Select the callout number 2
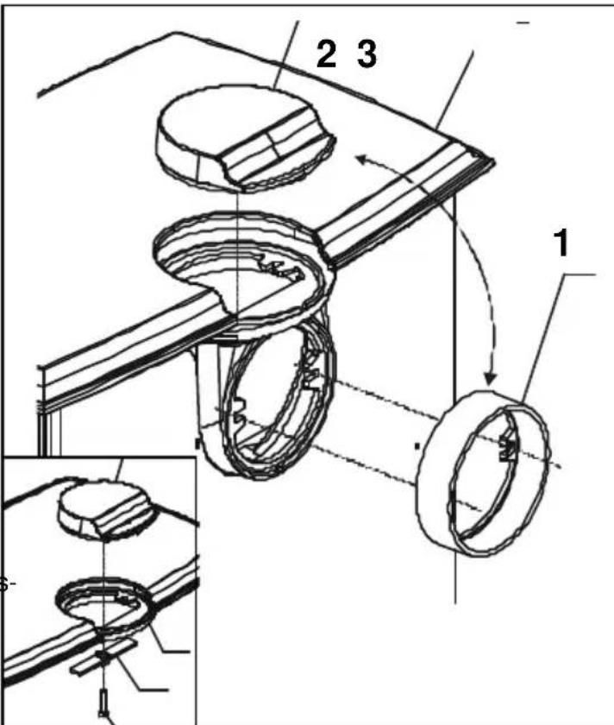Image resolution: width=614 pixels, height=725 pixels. [326, 56]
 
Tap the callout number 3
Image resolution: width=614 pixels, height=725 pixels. [367, 56]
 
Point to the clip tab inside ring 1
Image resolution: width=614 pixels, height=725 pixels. [507, 447]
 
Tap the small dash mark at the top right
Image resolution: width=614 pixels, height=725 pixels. [523, 23]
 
